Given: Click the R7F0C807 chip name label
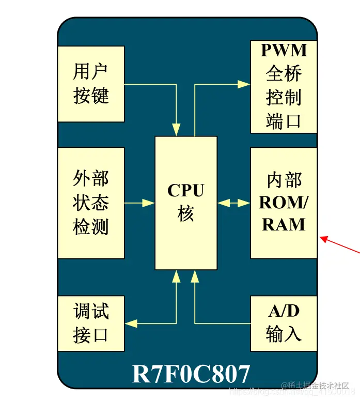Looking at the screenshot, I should pos(191,374).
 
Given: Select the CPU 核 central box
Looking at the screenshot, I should pos(186,203).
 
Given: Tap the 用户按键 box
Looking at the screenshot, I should pos(91,84).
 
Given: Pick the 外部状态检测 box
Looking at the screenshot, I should pos(91,203).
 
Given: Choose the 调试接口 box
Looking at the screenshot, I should pos(91,323).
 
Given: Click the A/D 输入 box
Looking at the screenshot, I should pos(284,323).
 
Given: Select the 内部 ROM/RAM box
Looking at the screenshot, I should pos(284,203).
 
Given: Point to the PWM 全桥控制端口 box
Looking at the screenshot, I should pos(284,86).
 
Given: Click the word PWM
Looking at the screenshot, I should pos(284,50).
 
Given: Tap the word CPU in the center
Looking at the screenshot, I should pos(186,191).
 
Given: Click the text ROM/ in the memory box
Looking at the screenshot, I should pos(284,203).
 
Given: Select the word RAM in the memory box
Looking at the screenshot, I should pos(284,224).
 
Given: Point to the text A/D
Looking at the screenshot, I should pos(284,311).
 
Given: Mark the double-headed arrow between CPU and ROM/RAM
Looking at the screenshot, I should pos(233,203).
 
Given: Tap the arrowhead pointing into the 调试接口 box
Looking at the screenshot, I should pos(131,323).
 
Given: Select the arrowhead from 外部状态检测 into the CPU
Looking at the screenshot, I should pos(149,203).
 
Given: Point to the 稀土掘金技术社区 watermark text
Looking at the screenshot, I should pos(316,385).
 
